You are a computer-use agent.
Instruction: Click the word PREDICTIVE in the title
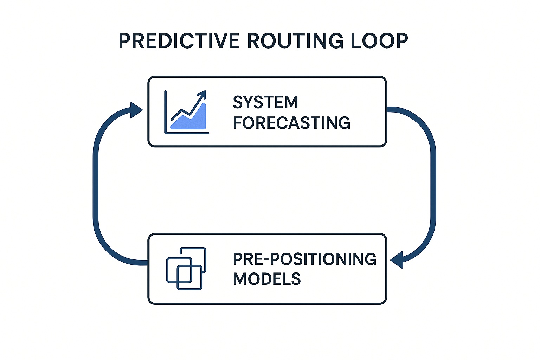pyautogui.click(x=179, y=41)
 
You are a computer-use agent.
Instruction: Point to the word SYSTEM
pyautogui.click(x=265, y=102)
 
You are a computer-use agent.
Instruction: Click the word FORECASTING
pyautogui.click(x=291, y=123)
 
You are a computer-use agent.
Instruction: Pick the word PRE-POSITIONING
pyautogui.click(x=304, y=259)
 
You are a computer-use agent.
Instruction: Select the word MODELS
pyautogui.click(x=267, y=279)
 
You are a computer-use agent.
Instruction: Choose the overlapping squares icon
pyautogui.click(x=186, y=269)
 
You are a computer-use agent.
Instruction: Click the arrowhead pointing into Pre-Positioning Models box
pyautogui.click(x=397, y=260)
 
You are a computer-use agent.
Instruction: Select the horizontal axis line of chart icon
pyautogui.click(x=187, y=133)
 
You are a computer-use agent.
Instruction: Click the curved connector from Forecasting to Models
pyautogui.click(x=433, y=183)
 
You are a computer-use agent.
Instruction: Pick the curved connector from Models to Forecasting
pyautogui.click(x=96, y=186)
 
